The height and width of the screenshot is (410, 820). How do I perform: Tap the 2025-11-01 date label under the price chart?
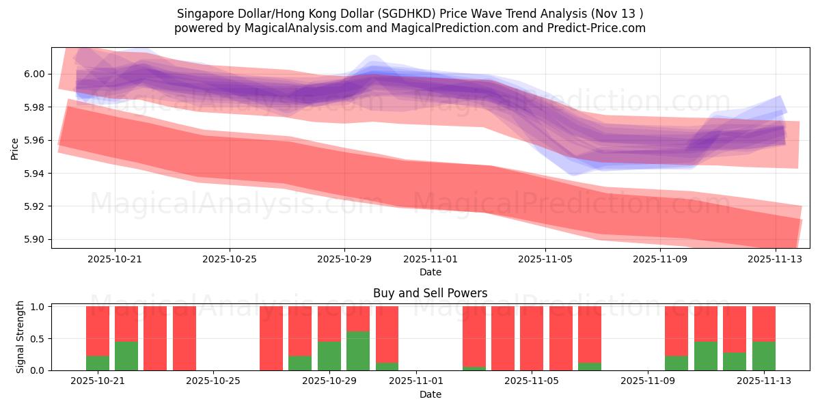click(x=430, y=260)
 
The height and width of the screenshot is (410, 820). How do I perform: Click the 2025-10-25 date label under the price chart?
click(x=230, y=260)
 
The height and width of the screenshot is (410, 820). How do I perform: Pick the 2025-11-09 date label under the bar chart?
click(x=646, y=381)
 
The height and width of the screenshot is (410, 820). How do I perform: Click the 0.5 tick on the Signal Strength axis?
click(x=38, y=339)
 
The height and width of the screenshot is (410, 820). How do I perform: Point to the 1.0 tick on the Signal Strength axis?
click(x=38, y=307)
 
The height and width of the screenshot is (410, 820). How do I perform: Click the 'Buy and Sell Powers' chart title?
click(x=430, y=293)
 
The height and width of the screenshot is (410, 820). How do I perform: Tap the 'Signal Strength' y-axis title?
click(x=20, y=337)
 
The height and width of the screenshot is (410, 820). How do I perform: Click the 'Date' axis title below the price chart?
click(x=430, y=272)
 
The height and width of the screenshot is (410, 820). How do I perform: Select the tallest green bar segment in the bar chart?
click(x=358, y=351)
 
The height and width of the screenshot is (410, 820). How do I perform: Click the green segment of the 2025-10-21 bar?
click(x=98, y=363)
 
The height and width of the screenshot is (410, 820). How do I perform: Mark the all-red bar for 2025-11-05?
click(x=532, y=338)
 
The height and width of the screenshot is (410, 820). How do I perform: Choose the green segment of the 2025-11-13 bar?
click(x=763, y=355)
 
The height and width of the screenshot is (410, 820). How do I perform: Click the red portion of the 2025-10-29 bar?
click(x=329, y=323)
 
